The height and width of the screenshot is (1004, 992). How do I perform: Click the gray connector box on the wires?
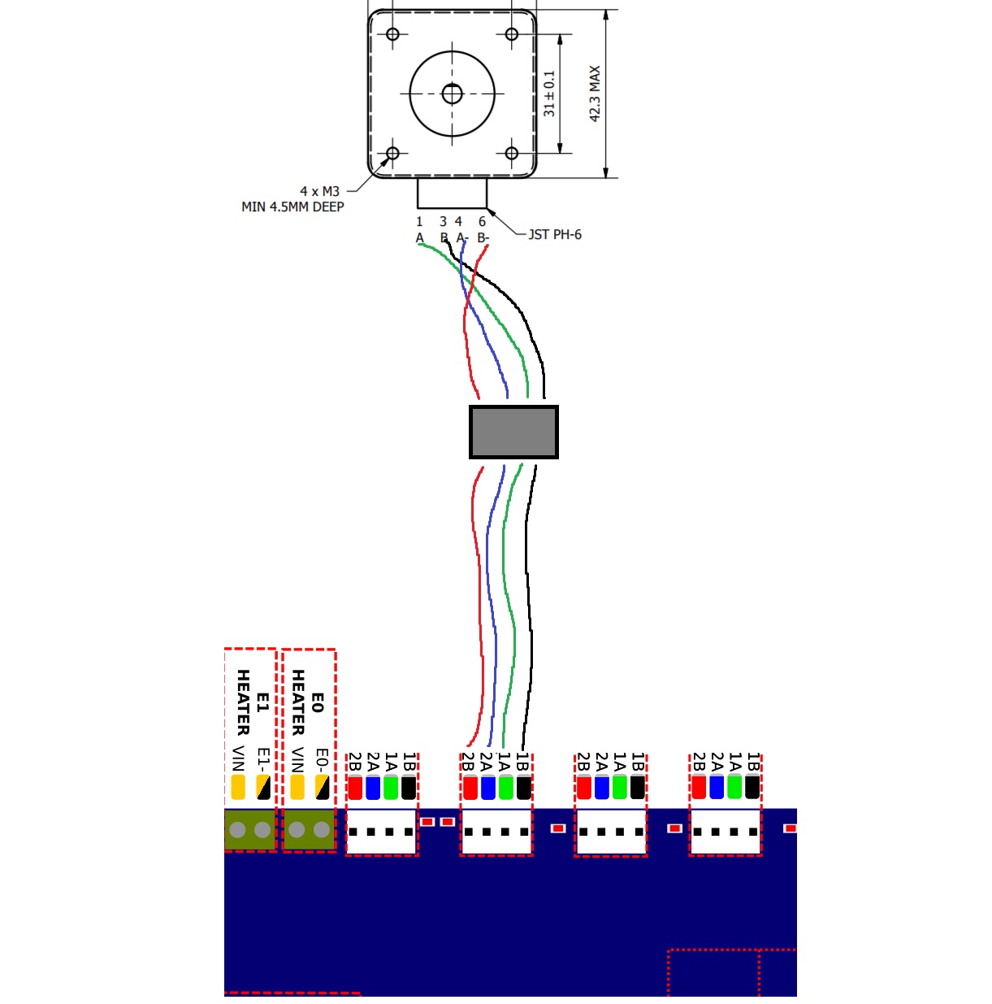tap(513, 432)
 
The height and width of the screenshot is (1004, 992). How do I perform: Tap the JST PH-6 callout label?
tap(555, 235)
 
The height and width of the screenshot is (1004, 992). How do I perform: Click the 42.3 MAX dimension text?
tap(595, 94)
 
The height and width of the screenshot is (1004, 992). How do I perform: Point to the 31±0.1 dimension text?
tap(550, 93)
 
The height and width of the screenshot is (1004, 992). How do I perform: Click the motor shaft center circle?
tap(452, 94)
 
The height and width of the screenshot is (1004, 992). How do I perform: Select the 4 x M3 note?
tap(319, 191)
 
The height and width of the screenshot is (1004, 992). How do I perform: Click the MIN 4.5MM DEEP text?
tap(292, 206)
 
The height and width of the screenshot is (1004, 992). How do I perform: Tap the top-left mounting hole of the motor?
tap(393, 34)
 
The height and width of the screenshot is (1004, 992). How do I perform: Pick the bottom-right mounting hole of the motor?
tap(512, 153)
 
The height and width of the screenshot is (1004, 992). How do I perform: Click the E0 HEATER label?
tap(308, 702)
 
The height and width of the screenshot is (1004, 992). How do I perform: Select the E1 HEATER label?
tap(252, 702)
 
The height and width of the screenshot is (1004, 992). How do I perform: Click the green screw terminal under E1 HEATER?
tap(250, 830)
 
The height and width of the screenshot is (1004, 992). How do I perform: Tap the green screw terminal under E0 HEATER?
tap(309, 830)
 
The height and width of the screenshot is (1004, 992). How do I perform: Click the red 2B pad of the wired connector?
tap(470, 788)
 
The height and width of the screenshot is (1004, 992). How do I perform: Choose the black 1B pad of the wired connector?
tap(524, 788)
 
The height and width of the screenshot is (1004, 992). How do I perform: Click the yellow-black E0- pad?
tap(323, 787)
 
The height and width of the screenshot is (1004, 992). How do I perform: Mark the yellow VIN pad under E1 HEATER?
tap(238, 787)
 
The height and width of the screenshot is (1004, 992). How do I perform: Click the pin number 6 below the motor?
tap(482, 221)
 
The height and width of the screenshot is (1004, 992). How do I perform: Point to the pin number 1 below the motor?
tap(419, 221)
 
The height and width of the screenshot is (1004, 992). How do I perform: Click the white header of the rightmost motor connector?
tap(726, 832)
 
